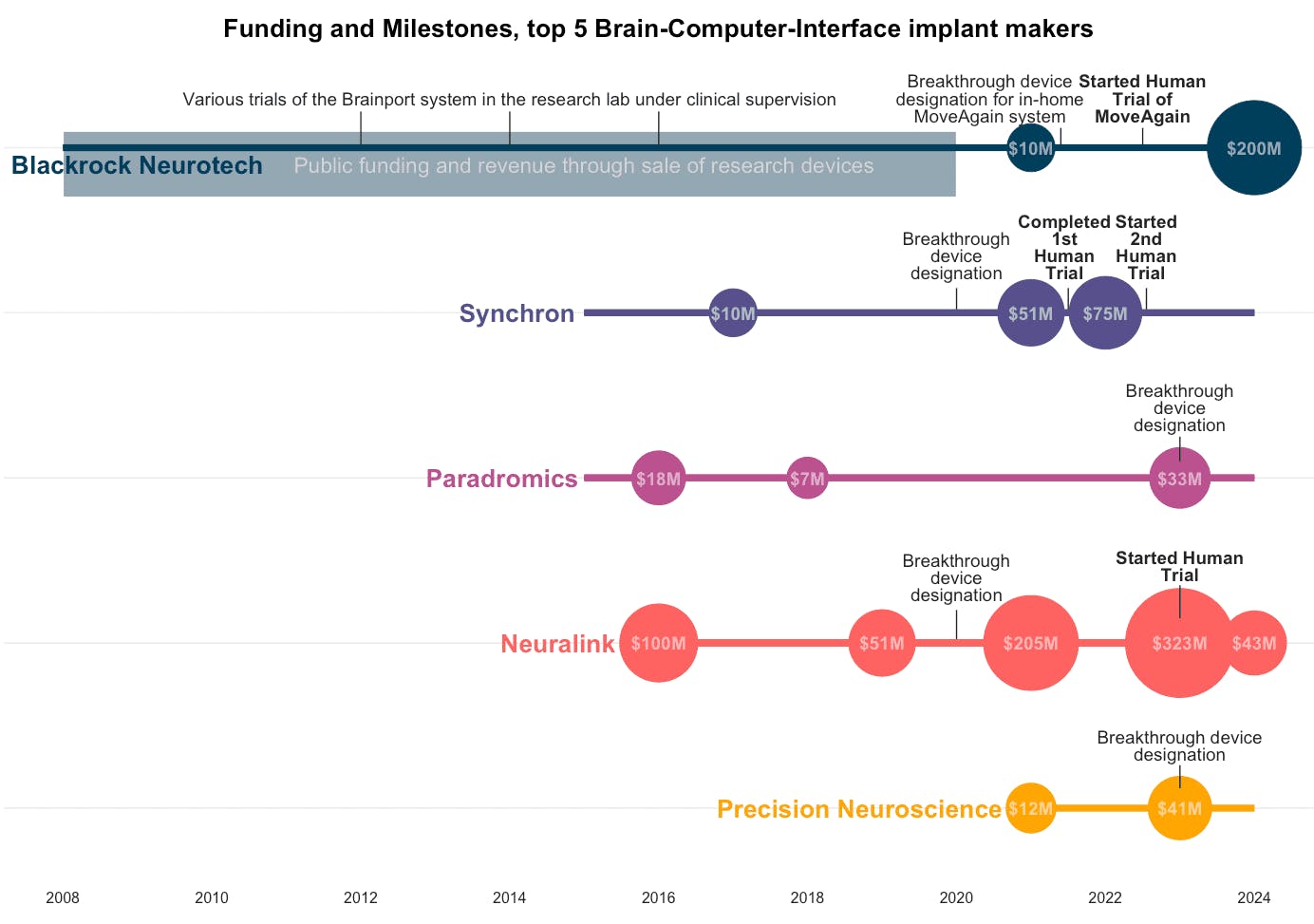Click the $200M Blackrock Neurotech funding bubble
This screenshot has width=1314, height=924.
tap(1253, 148)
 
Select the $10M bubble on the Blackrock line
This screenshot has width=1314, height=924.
tap(1030, 148)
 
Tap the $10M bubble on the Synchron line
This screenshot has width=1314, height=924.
tap(732, 312)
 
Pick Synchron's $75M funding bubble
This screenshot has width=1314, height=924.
tap(1105, 312)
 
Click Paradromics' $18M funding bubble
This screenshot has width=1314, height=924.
tap(658, 478)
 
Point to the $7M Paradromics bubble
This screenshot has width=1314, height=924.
tap(807, 478)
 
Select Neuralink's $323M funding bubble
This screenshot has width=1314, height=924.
tap(1179, 643)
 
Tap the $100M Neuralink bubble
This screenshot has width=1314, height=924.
tap(658, 643)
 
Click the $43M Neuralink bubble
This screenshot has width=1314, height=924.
tap(1254, 643)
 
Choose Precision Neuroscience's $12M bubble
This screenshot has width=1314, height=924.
tap(1030, 808)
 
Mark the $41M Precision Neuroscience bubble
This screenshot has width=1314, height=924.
tap(1179, 808)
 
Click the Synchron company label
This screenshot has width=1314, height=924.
tap(516, 313)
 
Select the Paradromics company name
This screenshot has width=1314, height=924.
tap(501, 479)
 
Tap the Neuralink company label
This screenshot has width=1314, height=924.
tap(557, 644)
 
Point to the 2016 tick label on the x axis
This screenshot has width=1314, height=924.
tap(658, 897)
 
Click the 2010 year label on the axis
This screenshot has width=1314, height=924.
tap(212, 897)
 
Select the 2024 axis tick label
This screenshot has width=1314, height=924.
tap(1253, 897)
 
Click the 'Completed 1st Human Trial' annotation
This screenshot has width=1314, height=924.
tap(1064, 248)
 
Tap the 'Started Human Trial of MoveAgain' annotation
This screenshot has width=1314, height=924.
tap(1142, 99)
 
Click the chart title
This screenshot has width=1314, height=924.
tap(658, 28)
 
